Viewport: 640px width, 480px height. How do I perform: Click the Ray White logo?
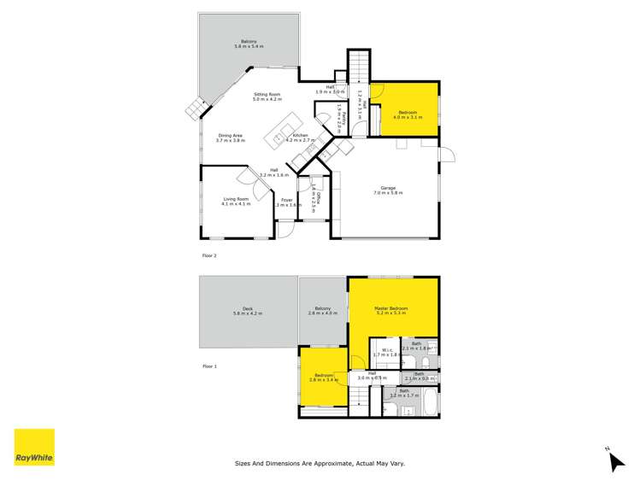(x=34, y=448)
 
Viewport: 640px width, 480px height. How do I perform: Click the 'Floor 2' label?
(x=209, y=255)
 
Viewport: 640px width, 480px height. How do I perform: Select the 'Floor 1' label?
(x=209, y=366)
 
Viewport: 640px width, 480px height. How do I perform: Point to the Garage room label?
(x=387, y=190)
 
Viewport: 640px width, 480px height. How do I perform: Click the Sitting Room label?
(x=267, y=95)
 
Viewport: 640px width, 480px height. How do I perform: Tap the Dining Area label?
(x=231, y=135)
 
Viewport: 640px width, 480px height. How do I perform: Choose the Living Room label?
(x=237, y=200)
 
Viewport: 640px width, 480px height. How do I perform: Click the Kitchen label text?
(x=300, y=136)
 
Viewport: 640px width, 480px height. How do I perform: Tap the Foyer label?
(x=287, y=202)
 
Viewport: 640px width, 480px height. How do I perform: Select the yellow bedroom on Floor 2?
(x=408, y=109)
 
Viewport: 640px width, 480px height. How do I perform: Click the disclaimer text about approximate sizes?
(x=320, y=464)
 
